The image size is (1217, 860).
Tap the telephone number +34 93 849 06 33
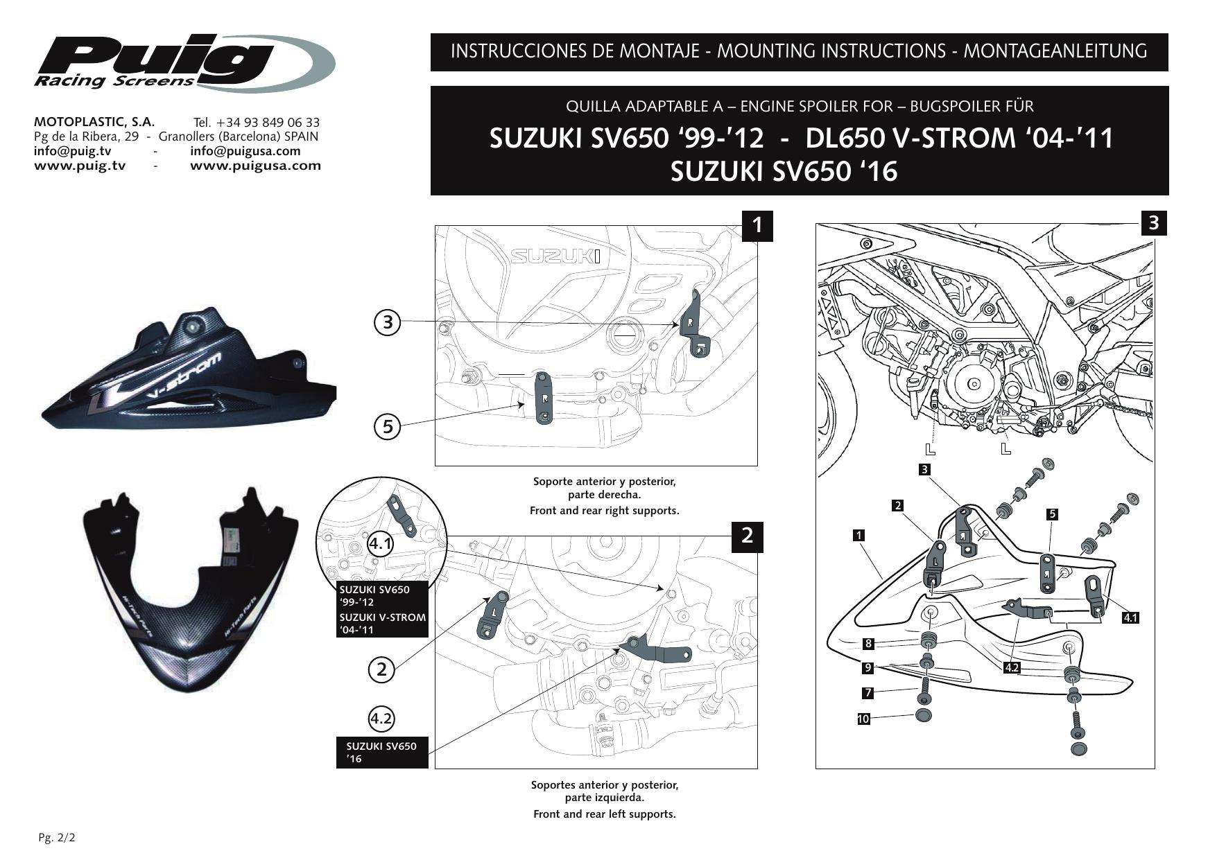[257, 123]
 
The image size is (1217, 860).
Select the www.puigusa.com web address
[255, 166]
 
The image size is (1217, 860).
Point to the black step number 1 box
[759, 225]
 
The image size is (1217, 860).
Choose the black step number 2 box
[748, 536]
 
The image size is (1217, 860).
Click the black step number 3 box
[1154, 222]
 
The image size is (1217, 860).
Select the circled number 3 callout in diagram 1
[388, 322]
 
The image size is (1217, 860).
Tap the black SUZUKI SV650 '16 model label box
[382, 752]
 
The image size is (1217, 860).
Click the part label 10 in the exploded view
[863, 719]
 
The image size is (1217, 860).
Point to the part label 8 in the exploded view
[868, 644]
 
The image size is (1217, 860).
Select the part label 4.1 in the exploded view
[1130, 617]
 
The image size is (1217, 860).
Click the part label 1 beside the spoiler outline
[859, 535]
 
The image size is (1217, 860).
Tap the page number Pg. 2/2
[56, 838]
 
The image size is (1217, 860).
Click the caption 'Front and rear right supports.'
[604, 511]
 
